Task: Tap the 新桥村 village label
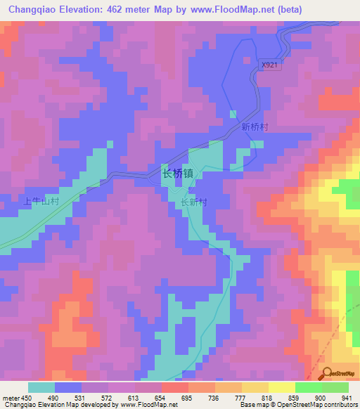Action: (x=254, y=127)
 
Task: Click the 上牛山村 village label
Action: (x=40, y=201)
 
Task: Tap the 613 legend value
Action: (x=134, y=398)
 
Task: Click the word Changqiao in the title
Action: (x=34, y=9)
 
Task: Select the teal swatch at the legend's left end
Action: (x=41, y=387)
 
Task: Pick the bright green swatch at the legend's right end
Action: (x=335, y=387)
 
